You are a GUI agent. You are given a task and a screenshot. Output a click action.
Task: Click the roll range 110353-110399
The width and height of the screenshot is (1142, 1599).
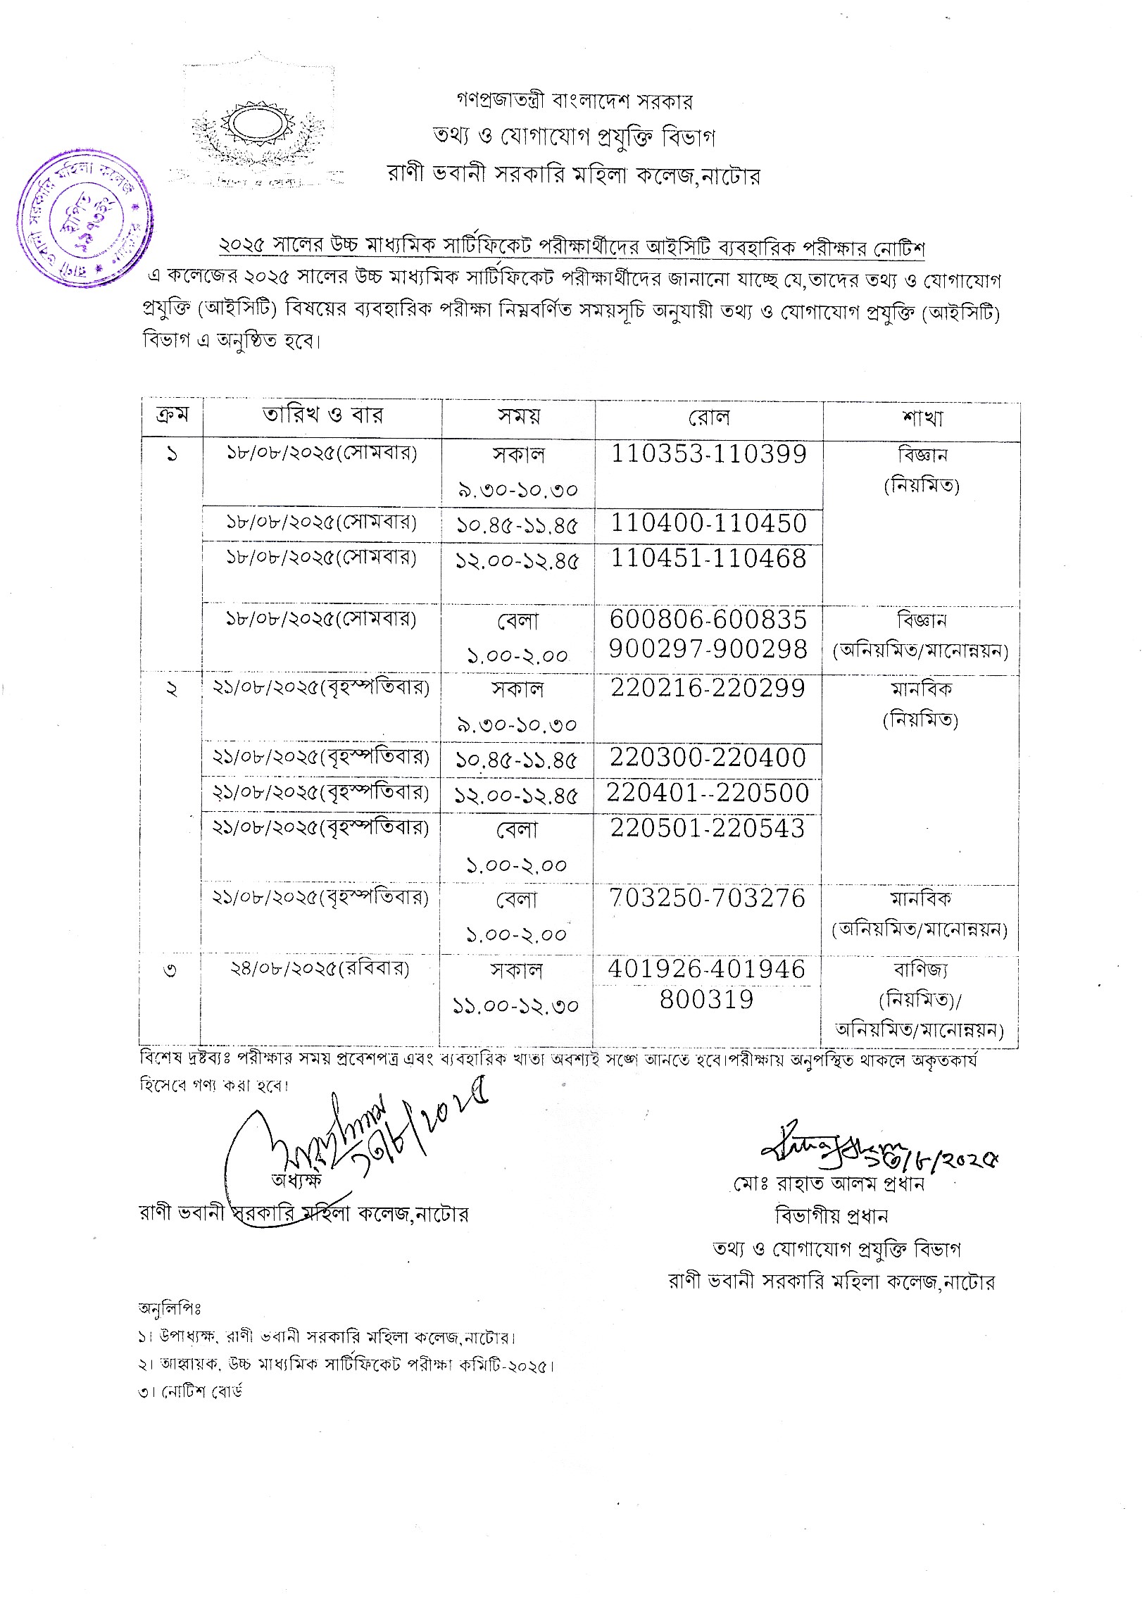708,454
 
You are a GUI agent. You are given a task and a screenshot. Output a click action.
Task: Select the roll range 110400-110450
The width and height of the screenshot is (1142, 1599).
708,523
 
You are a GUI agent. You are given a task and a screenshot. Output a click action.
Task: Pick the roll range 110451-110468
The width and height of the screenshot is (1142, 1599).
708,558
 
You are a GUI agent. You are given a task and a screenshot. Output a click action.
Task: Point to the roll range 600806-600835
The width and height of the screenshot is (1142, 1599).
708,620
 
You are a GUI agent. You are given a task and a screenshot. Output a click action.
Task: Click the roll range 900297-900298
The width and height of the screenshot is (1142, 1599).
708,650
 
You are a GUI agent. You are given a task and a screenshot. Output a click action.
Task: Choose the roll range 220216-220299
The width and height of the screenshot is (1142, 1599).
708,688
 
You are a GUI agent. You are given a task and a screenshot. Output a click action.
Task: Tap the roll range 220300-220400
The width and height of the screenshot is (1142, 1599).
708,758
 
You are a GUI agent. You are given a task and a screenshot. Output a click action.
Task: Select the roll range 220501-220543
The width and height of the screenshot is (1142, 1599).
708,829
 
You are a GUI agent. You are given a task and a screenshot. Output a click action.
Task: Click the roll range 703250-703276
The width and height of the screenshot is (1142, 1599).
708,898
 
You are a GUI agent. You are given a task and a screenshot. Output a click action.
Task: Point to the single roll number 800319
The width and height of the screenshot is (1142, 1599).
707,999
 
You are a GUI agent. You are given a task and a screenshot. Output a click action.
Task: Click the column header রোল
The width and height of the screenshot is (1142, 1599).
708,418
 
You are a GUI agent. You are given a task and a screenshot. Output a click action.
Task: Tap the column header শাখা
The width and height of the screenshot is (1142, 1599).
921,418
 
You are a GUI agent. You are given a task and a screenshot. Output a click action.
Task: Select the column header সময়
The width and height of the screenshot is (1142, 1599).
518,416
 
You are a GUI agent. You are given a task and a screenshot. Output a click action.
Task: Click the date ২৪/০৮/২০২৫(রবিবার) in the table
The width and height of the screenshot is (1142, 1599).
319,968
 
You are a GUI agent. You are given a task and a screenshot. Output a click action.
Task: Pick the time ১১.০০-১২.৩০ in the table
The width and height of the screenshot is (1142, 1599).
517,1005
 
